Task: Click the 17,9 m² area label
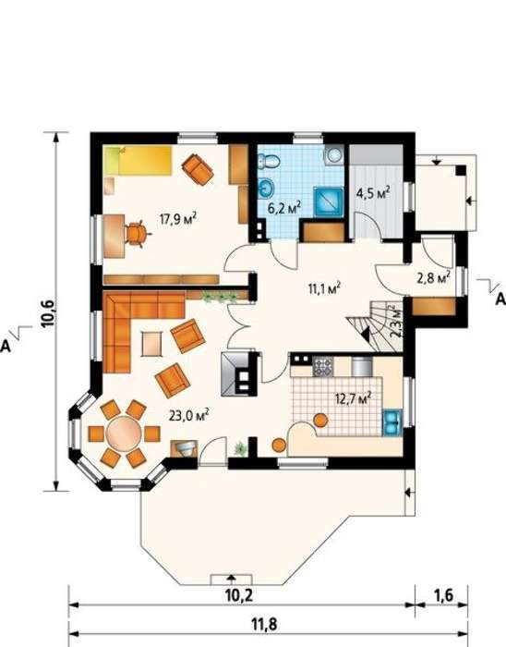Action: click(x=178, y=218)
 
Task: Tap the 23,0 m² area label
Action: click(x=188, y=415)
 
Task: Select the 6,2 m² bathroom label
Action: click(x=284, y=207)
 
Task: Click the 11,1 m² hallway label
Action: click(x=325, y=288)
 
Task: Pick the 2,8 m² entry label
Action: click(x=433, y=277)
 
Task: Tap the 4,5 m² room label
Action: click(x=373, y=193)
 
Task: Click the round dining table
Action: click(x=124, y=433)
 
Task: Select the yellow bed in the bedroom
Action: click(x=138, y=160)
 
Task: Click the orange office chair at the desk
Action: click(x=136, y=234)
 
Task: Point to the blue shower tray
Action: click(x=329, y=201)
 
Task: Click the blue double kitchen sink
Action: click(x=392, y=423)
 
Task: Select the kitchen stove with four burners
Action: click(x=322, y=367)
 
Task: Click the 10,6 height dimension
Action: click(x=47, y=313)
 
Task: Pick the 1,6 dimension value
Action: click(x=443, y=595)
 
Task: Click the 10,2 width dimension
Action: click(x=239, y=595)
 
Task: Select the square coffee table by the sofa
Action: click(x=152, y=344)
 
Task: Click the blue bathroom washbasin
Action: click(x=267, y=189)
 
